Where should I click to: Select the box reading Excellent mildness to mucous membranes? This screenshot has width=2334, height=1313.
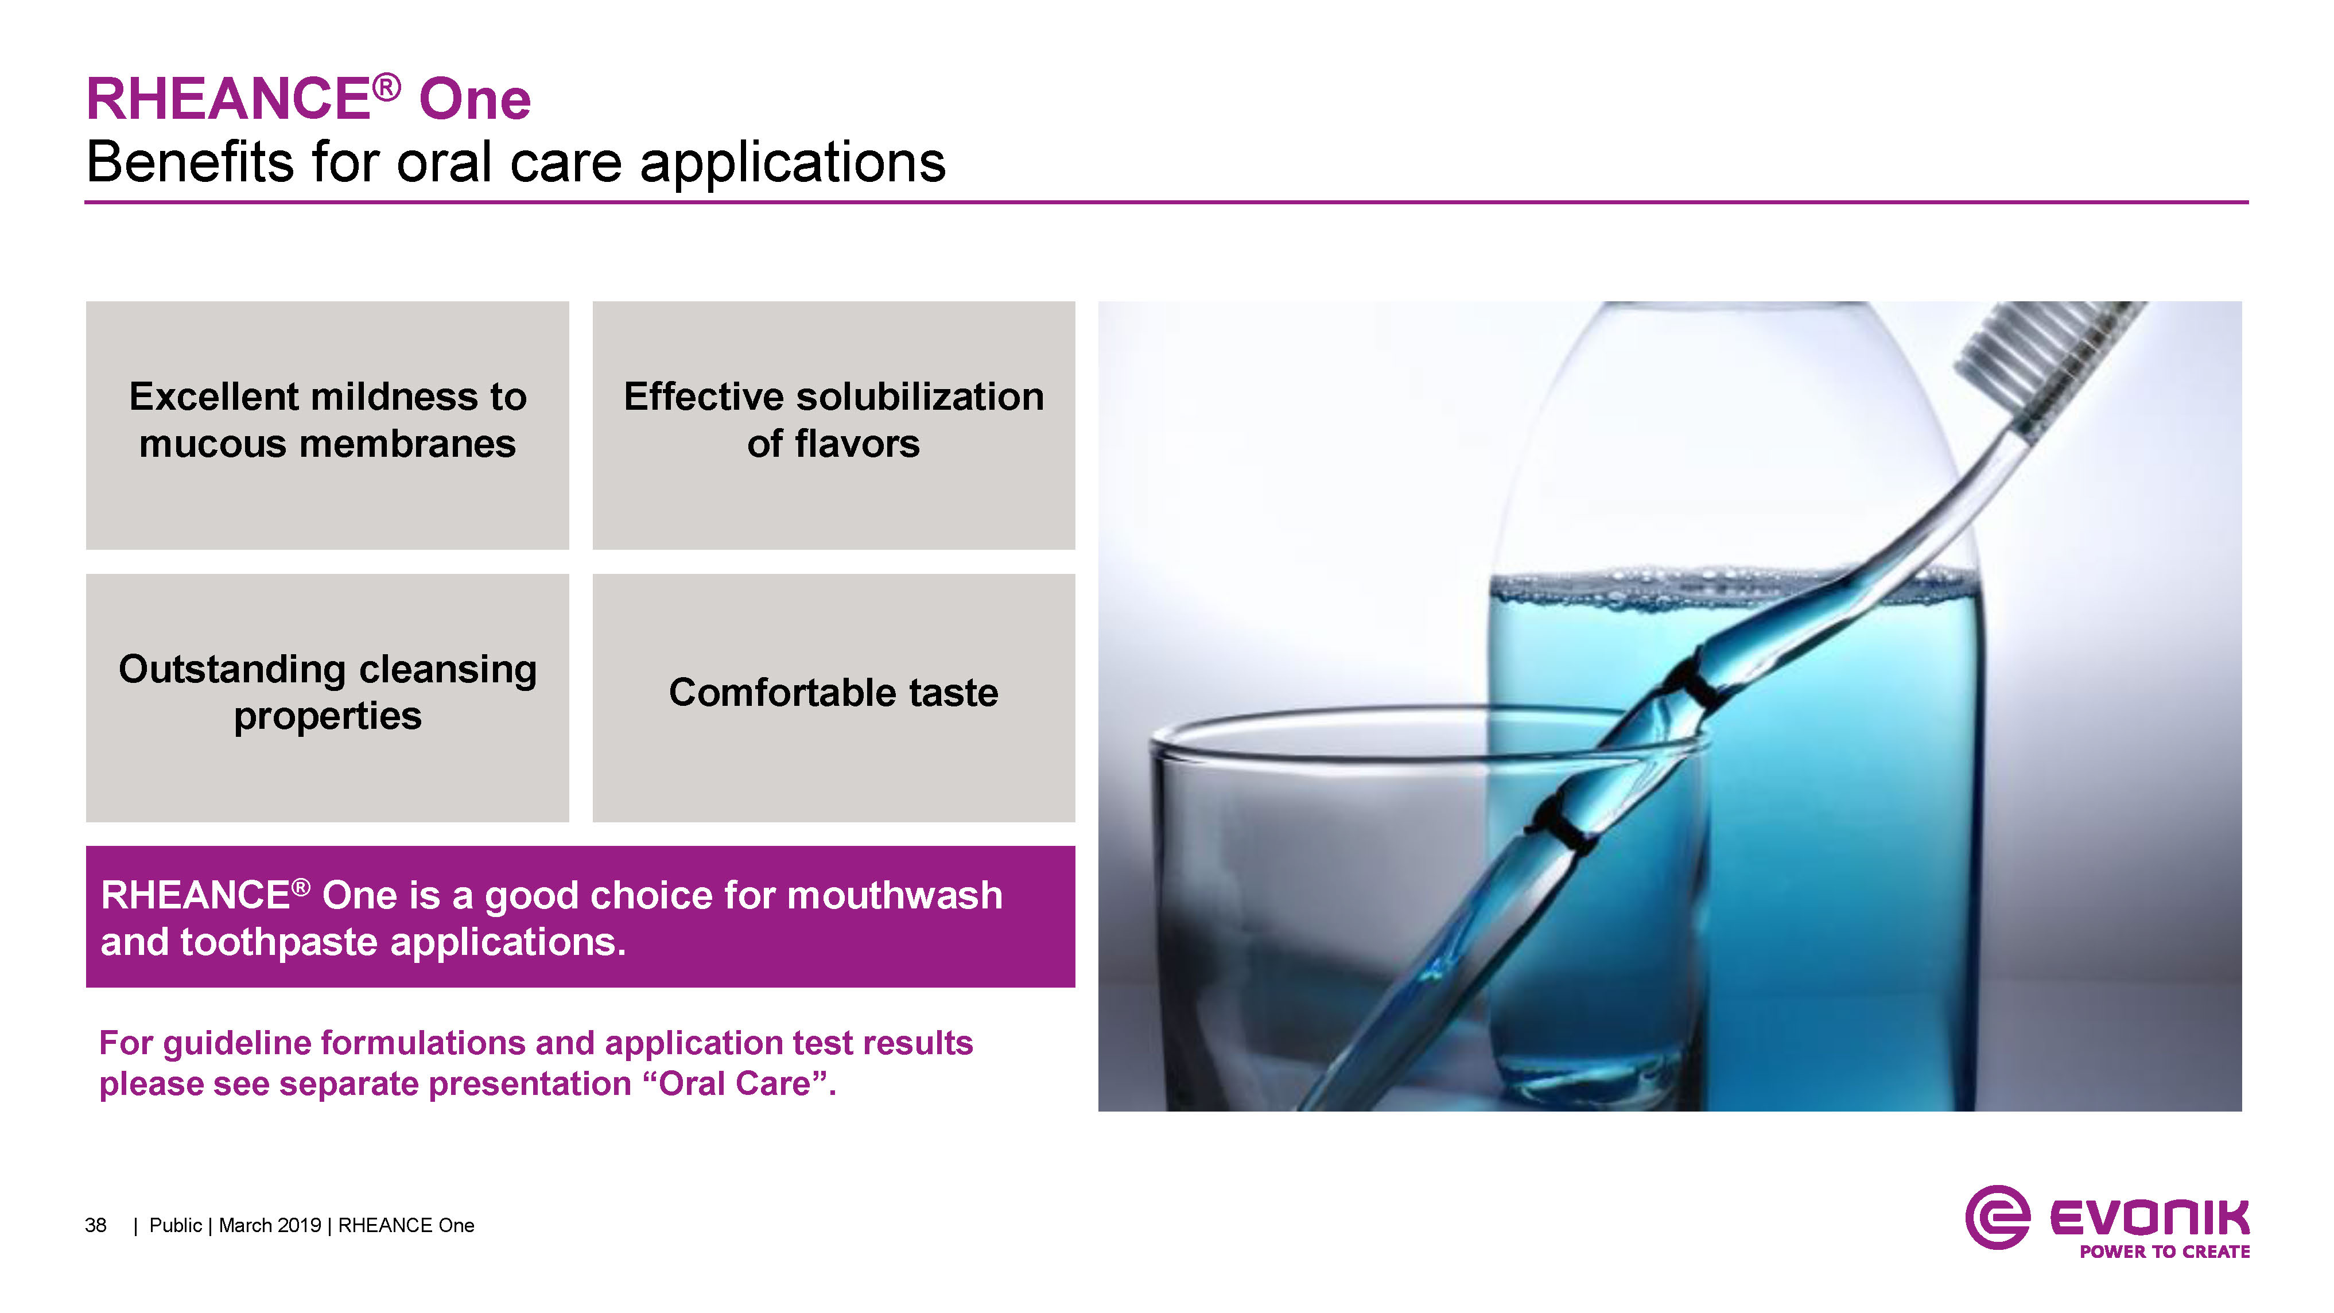click(327, 425)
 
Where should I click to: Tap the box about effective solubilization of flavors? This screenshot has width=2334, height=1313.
click(833, 425)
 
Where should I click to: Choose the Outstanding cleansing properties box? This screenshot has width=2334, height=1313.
click(327, 698)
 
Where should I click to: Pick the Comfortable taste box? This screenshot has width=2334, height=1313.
click(833, 698)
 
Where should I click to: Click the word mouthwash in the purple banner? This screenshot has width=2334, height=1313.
click(895, 895)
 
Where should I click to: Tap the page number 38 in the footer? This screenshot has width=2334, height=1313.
click(95, 1225)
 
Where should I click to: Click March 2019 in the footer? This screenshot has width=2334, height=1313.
click(270, 1225)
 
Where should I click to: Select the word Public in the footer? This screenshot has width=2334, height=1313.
click(176, 1225)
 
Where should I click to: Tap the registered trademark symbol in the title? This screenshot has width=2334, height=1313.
click(386, 88)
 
